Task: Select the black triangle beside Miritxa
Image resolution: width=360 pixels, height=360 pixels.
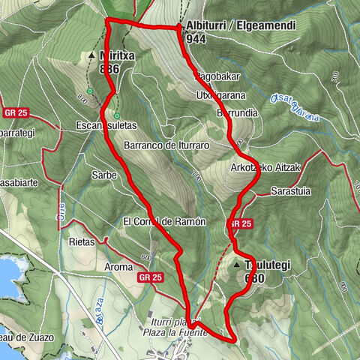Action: click(x=91, y=55)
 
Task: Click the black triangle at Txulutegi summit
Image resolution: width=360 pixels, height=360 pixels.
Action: click(x=237, y=265)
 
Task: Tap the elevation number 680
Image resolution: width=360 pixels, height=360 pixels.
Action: click(x=256, y=278)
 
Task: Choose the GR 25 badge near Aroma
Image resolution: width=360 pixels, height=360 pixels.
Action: click(x=150, y=277)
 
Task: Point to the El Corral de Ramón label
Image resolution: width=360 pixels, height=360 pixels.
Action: click(x=163, y=222)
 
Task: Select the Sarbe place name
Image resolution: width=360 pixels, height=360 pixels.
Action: click(x=103, y=175)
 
